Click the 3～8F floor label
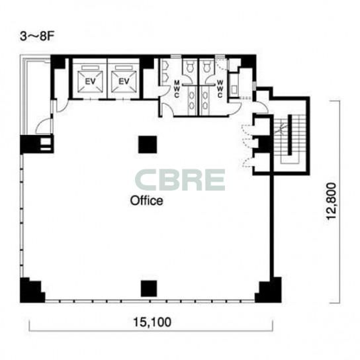click(37, 37)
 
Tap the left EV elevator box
click(90, 81)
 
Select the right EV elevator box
click(124, 81)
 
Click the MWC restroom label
click(177, 89)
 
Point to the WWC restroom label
click(220, 89)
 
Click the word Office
click(146, 201)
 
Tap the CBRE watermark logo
click(180, 180)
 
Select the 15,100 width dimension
click(152, 322)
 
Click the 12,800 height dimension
click(331, 201)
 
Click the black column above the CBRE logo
click(148, 145)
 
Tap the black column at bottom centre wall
click(149, 289)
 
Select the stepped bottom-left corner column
click(31, 291)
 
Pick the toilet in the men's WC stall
click(190, 66)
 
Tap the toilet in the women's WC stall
click(206, 66)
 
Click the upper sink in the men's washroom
click(192, 95)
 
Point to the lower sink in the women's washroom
click(205, 106)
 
